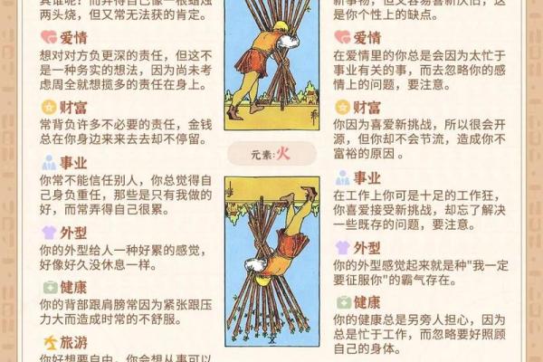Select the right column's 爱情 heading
click(x=367, y=37)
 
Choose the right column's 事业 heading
click(x=367, y=177)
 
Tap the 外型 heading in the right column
click(x=367, y=246)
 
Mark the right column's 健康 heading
click(x=367, y=301)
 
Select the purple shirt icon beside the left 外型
click(x=49, y=232)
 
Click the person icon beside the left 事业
click(x=49, y=163)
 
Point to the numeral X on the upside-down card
click(x=271, y=340)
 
